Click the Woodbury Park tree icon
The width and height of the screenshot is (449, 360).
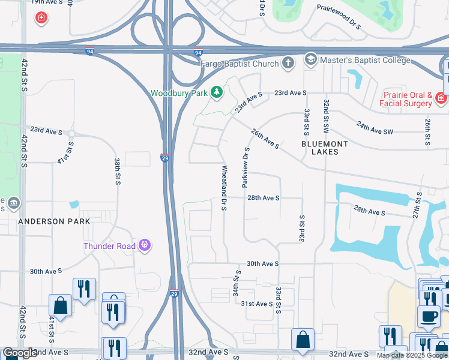(216, 93)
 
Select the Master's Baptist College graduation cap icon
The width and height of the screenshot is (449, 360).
(310, 60)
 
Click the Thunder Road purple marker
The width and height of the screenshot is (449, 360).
(143, 245)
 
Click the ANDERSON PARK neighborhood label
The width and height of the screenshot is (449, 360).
(54, 221)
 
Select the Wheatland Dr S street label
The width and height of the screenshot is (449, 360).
(224, 188)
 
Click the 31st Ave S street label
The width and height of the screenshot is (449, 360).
(256, 304)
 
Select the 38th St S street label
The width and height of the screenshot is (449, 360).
(117, 171)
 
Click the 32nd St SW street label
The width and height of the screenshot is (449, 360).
(325, 116)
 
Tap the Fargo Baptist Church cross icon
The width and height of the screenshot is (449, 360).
(288, 62)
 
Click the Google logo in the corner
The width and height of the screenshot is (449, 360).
(19, 353)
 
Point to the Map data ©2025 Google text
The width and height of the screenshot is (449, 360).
(412, 355)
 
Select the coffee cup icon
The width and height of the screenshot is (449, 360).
(429, 316)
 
